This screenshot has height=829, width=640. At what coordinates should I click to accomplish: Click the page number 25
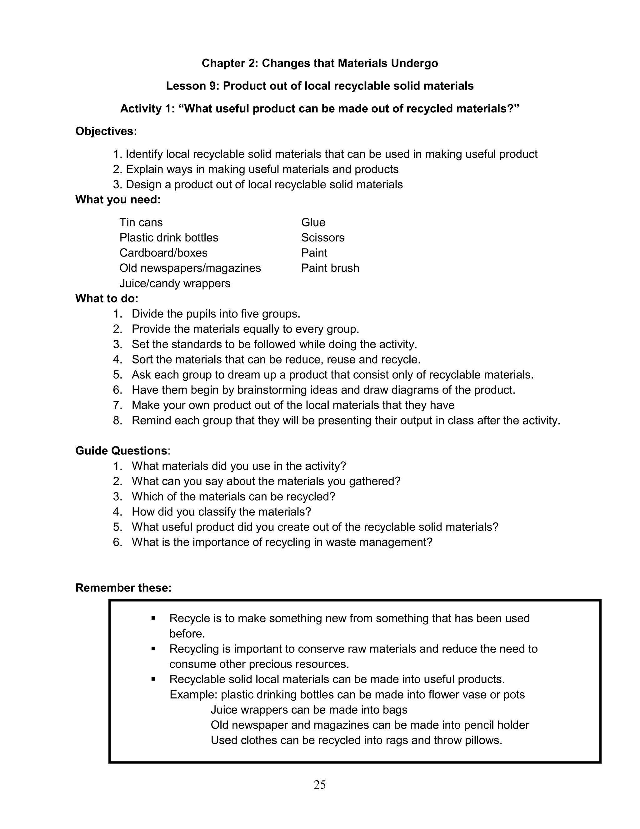click(320, 784)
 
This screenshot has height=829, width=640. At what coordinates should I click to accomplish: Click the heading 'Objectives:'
click(106, 131)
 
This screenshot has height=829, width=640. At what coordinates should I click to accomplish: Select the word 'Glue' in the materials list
click(313, 222)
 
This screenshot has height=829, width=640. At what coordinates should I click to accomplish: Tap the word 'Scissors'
click(322, 238)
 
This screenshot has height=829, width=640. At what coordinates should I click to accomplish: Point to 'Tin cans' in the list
click(141, 222)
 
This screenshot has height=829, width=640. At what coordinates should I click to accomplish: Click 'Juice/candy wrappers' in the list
click(175, 283)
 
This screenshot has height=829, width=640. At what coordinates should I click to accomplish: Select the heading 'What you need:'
click(118, 200)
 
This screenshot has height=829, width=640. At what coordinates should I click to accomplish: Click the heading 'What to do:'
click(107, 299)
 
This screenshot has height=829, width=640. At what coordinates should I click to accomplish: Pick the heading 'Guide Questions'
click(121, 451)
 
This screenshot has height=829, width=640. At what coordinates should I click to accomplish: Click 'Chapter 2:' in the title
click(230, 64)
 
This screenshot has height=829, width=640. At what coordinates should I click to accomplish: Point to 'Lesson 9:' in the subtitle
click(192, 86)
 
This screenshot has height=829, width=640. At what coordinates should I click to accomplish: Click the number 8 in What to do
click(117, 420)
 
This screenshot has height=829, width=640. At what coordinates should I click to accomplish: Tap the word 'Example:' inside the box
click(193, 694)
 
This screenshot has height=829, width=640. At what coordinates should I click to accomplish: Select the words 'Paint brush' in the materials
click(330, 268)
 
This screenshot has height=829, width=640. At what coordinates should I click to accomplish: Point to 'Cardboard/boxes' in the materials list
click(163, 253)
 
